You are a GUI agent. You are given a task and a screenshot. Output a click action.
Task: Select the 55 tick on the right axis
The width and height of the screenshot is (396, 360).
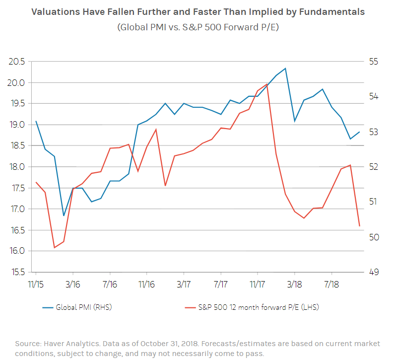tap(373, 62)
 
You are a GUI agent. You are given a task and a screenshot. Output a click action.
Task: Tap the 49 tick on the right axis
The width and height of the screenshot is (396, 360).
tap(373, 272)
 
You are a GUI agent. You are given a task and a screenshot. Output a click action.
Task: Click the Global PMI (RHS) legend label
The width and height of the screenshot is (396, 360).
tap(84, 307)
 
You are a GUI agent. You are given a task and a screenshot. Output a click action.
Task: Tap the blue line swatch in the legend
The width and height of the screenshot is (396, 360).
tap(48, 307)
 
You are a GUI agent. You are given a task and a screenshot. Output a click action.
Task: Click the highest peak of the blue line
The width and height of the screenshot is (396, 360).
tap(285, 68)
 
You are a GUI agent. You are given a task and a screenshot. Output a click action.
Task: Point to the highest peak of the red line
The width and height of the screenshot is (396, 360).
tap(267, 84)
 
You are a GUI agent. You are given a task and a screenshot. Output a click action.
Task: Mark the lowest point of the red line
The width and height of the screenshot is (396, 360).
tap(54, 247)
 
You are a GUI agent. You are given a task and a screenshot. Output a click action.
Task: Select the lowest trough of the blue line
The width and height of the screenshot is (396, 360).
tap(64, 216)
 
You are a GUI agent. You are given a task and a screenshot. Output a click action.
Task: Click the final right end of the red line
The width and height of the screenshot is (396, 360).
tap(359, 226)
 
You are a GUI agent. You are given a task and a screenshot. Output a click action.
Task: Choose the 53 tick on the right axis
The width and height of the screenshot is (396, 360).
tap(373, 132)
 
